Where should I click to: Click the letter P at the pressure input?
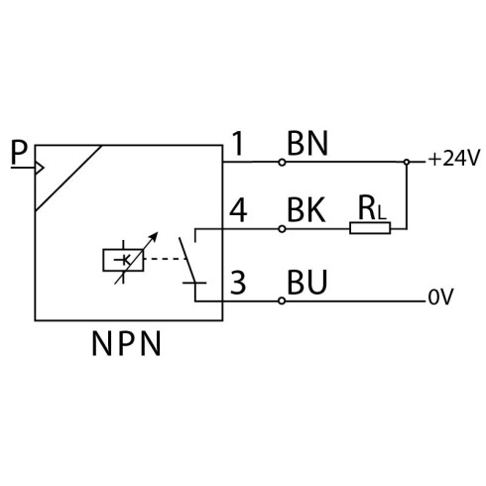[19, 152]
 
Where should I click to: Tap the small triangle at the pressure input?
[39, 168]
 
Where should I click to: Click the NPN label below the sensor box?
[126, 343]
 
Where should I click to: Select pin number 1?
[238, 143]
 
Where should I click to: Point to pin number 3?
[238, 283]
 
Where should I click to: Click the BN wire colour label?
[307, 143]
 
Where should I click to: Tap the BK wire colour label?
[306, 209]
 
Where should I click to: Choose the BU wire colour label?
[307, 282]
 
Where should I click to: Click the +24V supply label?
[453, 159]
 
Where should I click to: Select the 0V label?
[441, 297]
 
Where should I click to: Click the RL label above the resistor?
[372, 209]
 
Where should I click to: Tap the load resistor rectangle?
[370, 228]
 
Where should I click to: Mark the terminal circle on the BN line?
[282, 162]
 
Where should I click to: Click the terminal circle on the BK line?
[282, 228]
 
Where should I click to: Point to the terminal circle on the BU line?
[282, 301]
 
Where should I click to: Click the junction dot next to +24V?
[407, 162]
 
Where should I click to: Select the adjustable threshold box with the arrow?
[123, 260]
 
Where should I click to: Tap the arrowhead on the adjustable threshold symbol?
[154, 235]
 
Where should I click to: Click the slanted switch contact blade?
[187, 260]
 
